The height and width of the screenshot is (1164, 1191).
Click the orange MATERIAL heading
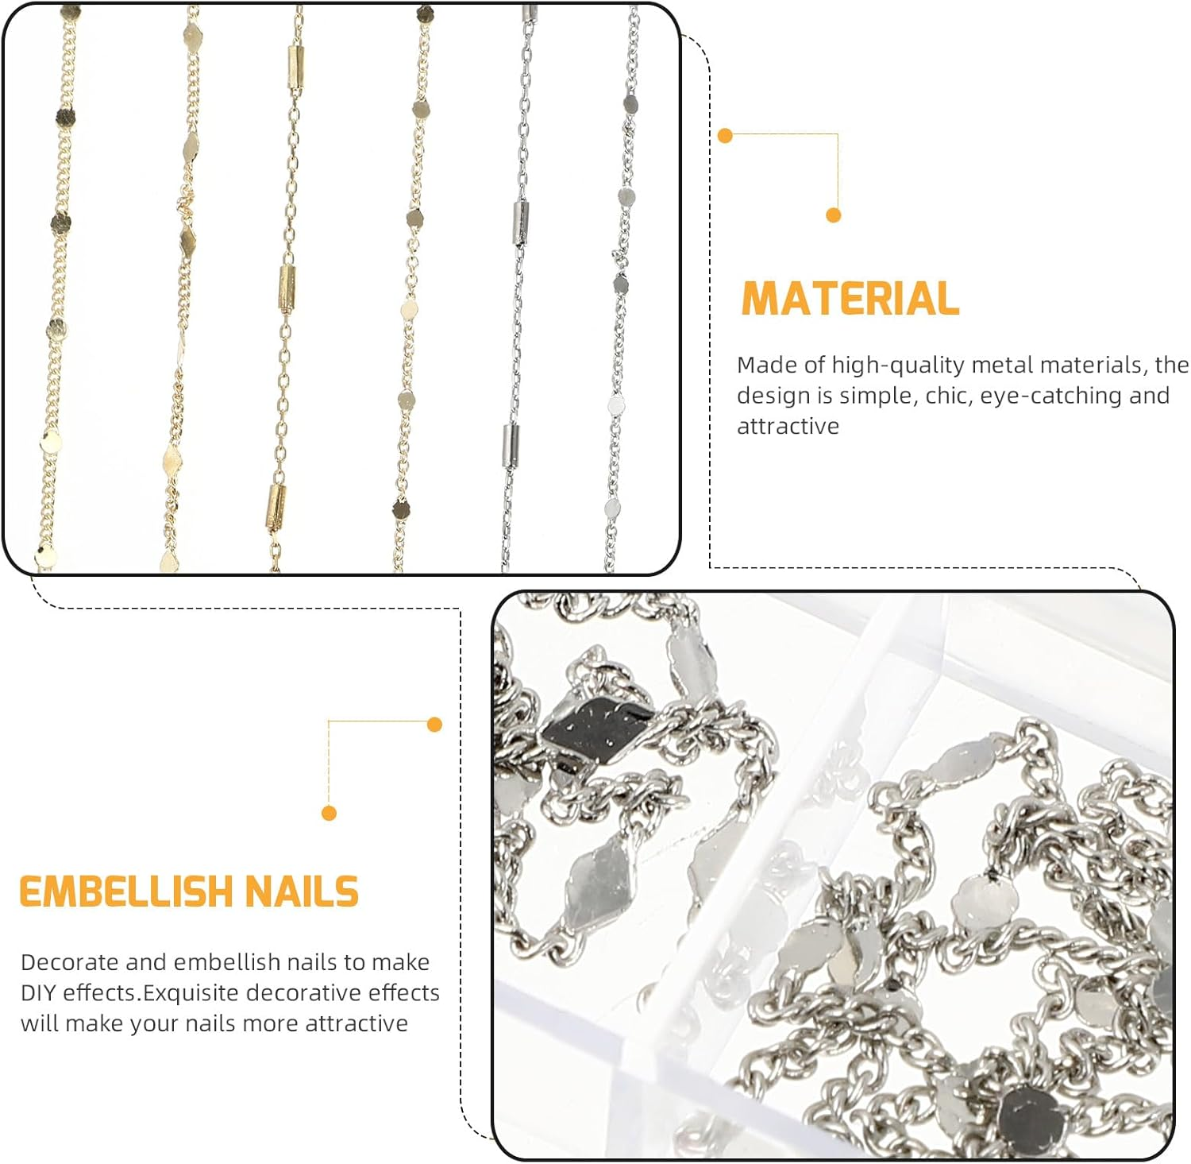(850, 299)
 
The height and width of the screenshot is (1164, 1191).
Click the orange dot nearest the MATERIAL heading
(833, 215)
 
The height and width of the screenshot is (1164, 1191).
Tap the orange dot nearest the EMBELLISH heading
(330, 813)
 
